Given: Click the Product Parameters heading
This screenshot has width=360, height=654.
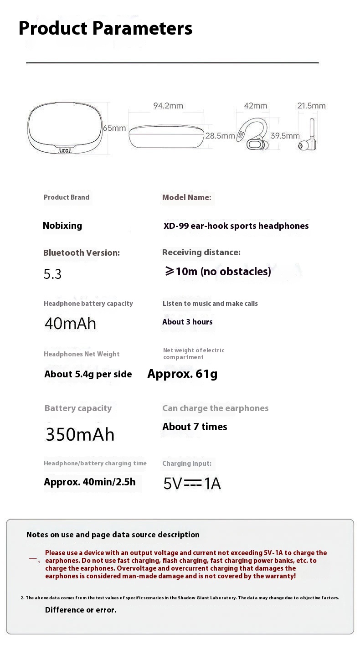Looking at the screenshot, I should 105,28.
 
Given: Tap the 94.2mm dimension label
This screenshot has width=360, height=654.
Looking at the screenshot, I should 168,106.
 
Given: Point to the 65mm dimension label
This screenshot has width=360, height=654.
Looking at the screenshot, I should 114,128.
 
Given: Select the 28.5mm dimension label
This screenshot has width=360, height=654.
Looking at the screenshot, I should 220,135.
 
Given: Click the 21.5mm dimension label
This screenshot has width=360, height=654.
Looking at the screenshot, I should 312,106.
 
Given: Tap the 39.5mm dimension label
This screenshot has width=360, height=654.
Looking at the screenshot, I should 285,135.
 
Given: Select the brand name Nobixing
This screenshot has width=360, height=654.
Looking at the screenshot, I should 62,226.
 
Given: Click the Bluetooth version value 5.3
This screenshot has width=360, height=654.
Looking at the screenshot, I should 52,274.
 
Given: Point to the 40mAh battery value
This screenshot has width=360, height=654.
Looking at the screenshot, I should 70,324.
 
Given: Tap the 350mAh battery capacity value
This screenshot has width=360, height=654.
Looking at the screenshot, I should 80,434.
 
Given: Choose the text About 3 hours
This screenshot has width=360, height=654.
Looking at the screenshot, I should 187,322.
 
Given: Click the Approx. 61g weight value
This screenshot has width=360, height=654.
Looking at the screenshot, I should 182,374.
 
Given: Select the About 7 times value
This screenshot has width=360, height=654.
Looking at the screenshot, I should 195,427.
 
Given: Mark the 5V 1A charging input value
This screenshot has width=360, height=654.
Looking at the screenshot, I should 192,484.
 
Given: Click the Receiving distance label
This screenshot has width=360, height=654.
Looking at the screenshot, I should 201,252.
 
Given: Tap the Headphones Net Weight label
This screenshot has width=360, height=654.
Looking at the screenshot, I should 82,354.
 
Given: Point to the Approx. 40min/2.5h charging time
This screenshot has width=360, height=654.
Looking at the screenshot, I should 90,482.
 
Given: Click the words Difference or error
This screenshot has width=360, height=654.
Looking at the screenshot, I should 81,610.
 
